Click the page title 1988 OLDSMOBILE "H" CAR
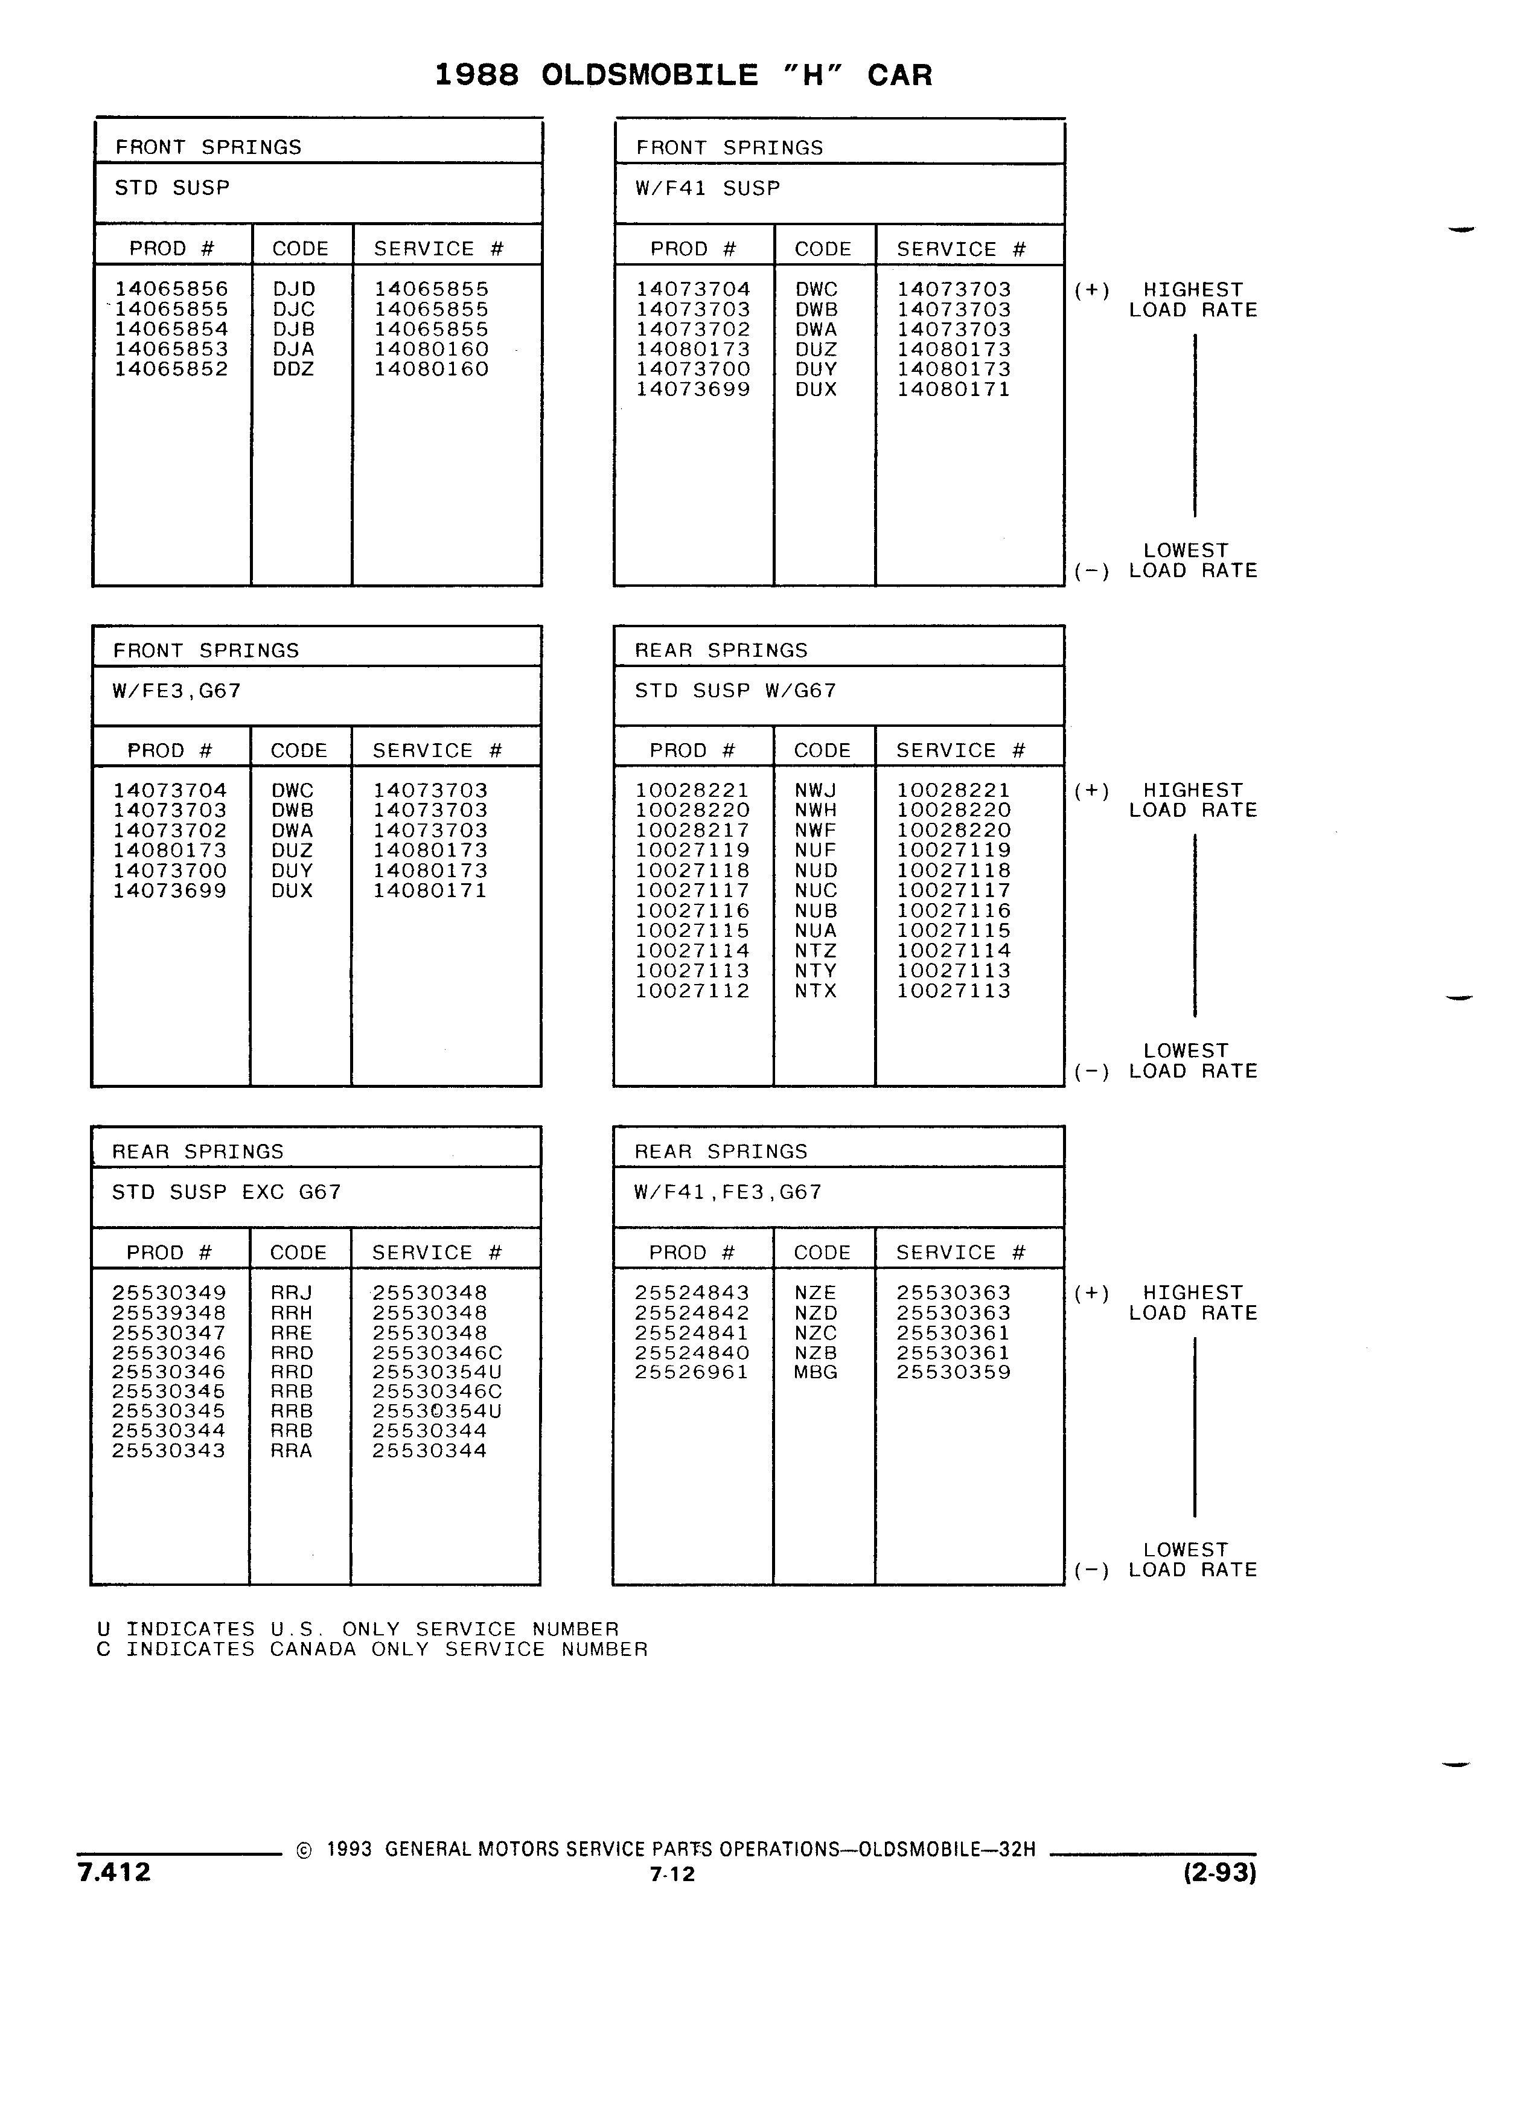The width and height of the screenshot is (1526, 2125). (x=683, y=75)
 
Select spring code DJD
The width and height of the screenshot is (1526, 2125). (x=294, y=290)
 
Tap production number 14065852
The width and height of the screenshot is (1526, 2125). (x=171, y=369)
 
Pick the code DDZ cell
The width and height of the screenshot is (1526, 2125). (x=293, y=369)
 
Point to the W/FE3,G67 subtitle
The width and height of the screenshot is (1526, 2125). (x=177, y=691)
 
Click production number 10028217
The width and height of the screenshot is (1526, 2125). (x=692, y=830)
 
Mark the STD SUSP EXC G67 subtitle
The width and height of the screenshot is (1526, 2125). (x=227, y=1192)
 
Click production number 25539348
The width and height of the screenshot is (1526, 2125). (x=168, y=1312)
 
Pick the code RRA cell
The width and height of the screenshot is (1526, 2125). (x=292, y=1451)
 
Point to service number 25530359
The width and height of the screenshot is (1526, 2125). (x=954, y=1372)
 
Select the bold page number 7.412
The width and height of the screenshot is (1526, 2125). (x=114, y=1872)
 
